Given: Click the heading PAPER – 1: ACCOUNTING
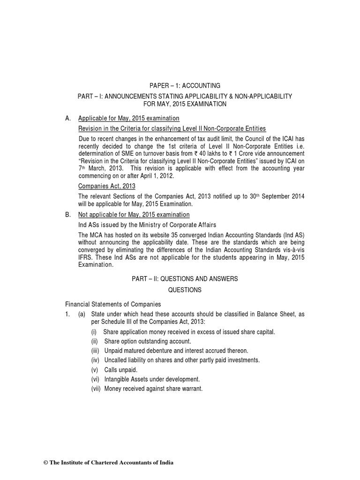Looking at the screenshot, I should pyautogui.click(x=184, y=86).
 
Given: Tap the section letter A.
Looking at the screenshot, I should pyautogui.click(x=68, y=118).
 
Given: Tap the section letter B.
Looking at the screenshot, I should pyautogui.click(x=68, y=215).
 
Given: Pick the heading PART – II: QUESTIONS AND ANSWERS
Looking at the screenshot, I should pyautogui.click(x=185, y=279).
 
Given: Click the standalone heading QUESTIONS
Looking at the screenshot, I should pyautogui.click(x=185, y=290).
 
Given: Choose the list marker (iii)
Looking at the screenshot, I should pyautogui.click(x=95, y=351).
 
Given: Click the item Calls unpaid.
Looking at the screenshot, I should pyautogui.click(x=120, y=369).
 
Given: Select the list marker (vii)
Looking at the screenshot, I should pyautogui.click(x=96, y=388).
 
